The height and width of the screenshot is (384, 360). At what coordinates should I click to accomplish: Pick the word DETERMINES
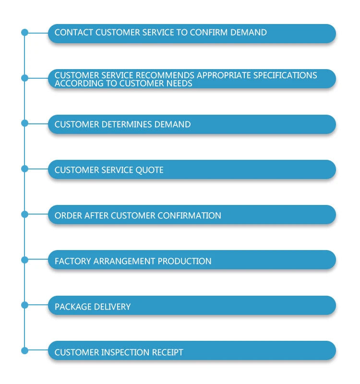126,125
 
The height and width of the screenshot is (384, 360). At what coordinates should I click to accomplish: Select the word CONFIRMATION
192,216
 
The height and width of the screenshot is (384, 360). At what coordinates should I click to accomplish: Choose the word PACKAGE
72,307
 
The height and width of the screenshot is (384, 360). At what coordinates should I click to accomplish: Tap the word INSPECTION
126,352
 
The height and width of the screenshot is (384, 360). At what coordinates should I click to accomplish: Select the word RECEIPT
167,352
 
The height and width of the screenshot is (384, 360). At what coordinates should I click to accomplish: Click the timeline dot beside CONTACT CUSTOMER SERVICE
25,33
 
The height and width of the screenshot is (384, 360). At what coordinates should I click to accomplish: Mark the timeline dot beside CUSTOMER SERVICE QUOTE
25,168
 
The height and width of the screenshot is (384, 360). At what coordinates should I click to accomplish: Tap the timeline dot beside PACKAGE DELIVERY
25,305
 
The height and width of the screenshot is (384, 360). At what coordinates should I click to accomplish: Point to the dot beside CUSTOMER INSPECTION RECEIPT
25,350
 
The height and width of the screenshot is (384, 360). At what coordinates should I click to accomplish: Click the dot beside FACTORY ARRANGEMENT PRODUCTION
25,260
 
